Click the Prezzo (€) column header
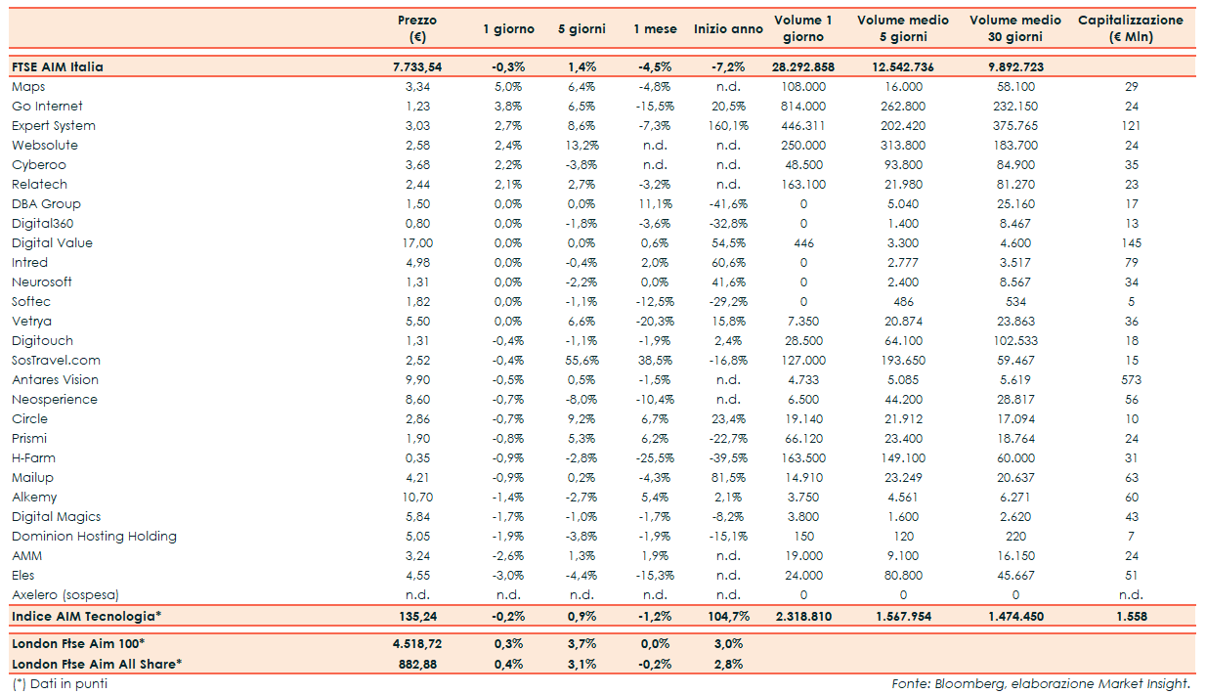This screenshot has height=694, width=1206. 417,28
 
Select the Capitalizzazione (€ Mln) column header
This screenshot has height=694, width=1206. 1131,28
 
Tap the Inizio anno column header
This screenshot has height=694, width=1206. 728,29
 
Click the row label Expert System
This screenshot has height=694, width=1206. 54,126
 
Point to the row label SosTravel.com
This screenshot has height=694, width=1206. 55,361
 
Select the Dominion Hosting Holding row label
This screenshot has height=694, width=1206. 94,537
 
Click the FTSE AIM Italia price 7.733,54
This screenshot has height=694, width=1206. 416,67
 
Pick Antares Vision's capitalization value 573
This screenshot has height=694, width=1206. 1131,380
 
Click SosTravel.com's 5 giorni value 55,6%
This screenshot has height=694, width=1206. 581,361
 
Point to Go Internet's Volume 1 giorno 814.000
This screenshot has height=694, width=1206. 803,107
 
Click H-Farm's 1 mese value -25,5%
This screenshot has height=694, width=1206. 655,458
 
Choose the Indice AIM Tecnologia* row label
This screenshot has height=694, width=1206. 86,617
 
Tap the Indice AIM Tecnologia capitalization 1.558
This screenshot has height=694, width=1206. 1131,617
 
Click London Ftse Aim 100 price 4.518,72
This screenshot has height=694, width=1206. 416,643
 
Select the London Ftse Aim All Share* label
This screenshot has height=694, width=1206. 96,664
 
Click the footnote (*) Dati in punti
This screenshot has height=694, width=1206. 60,684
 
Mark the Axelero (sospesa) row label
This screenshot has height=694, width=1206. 72,595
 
